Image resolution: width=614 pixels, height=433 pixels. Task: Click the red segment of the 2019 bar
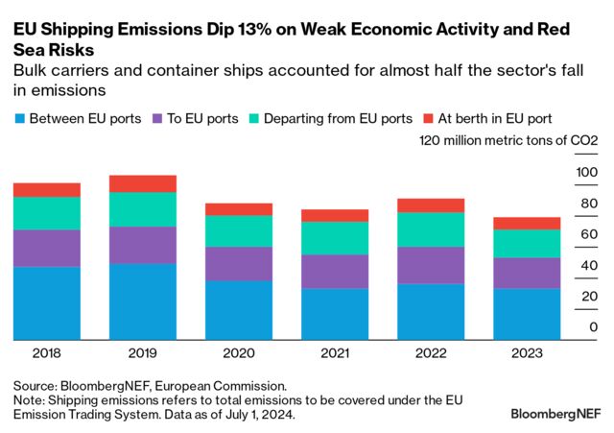[x=143, y=183]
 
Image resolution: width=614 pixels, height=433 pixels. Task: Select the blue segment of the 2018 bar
[x=46, y=302]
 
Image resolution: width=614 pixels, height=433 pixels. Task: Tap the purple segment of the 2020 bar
[x=239, y=263]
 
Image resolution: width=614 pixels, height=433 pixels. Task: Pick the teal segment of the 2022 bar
[x=432, y=229]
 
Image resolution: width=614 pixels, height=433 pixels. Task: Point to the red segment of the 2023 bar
[x=528, y=223]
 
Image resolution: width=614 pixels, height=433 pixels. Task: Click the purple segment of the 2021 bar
[x=335, y=271]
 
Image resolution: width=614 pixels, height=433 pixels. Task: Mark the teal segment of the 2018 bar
[x=46, y=212]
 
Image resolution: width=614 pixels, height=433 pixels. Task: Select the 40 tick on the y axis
[x=589, y=266]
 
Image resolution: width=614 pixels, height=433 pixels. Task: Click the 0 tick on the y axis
[x=593, y=328]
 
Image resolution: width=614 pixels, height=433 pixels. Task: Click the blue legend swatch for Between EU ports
[x=19, y=119]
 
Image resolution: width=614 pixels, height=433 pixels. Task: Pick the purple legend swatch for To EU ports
[x=159, y=119]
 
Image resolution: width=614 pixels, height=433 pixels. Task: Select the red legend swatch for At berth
[x=430, y=119]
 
